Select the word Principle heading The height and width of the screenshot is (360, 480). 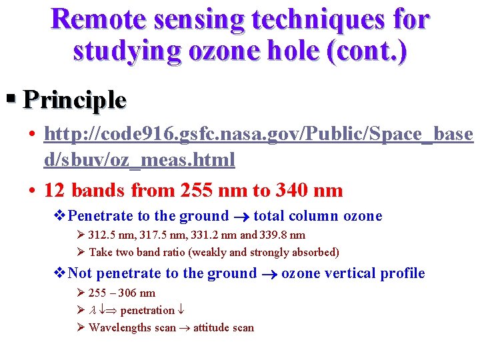75,100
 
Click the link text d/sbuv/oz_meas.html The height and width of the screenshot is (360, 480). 139,160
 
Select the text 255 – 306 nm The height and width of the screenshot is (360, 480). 122,293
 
